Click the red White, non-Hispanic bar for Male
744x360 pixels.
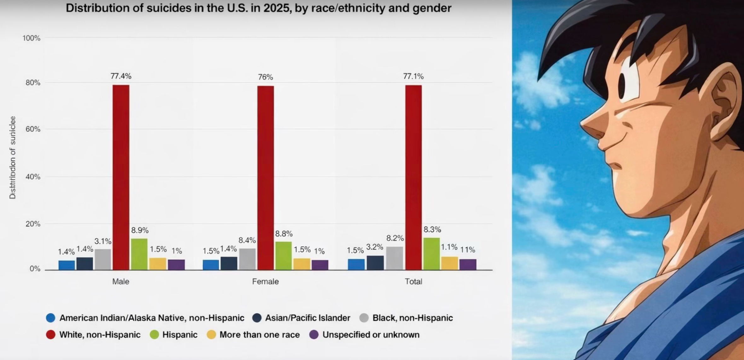(121, 177)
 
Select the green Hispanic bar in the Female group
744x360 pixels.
(283, 255)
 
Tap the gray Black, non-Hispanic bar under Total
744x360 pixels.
(395, 258)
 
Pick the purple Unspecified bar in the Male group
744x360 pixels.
(176, 264)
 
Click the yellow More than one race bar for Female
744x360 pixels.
(302, 264)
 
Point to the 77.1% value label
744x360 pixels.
(413, 76)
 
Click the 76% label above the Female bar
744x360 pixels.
(265, 77)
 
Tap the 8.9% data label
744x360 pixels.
(140, 230)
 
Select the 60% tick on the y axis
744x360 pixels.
(33, 129)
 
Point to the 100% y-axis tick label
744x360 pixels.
(31, 38)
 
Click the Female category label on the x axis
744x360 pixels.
(265, 282)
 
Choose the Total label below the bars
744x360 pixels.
(413, 282)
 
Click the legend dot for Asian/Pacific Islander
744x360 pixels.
(257, 318)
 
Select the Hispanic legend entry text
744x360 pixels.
(180, 335)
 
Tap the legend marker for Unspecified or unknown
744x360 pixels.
(314, 335)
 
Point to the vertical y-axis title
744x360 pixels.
(13, 158)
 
